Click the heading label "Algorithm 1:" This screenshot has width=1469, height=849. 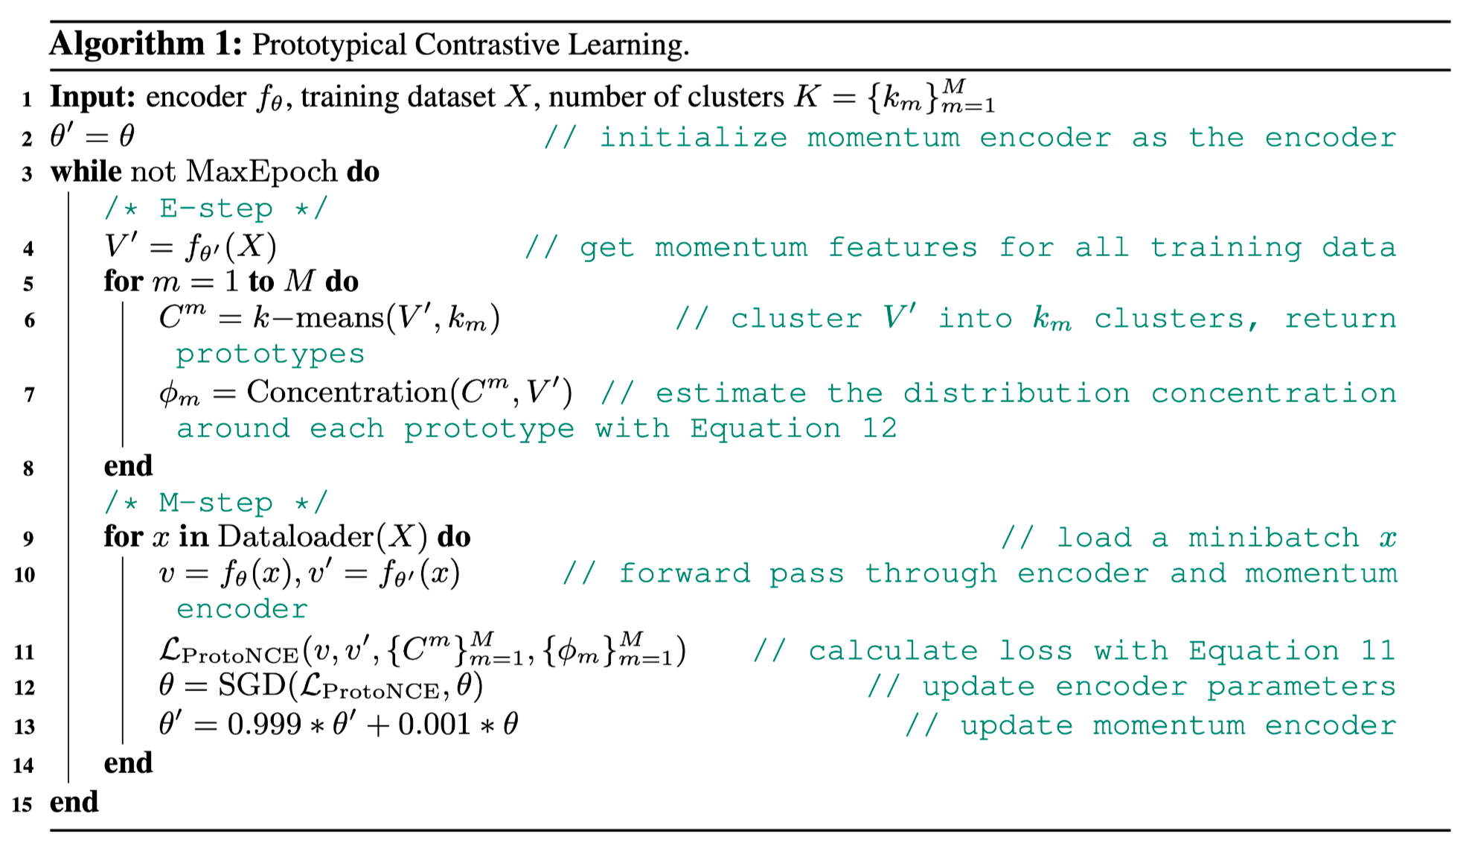pos(146,44)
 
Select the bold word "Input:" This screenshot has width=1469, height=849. pos(92,98)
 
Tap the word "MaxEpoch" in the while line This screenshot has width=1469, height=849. pos(261,172)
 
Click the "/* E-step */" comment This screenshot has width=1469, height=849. pos(216,209)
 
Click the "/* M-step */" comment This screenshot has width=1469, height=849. pos(216,503)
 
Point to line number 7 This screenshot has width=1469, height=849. pos(29,394)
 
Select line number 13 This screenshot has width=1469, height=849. pos(25,726)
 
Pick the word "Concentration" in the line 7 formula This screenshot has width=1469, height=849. pos(347,392)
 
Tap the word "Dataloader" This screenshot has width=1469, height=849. pos(295,537)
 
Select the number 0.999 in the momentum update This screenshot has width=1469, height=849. pos(264,725)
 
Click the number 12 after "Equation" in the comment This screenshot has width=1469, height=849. pos(880,428)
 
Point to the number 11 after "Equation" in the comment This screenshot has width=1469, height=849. pos(1377,651)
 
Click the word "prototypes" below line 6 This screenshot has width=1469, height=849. pos(270,354)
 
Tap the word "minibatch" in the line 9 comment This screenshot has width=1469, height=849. pos(1273,538)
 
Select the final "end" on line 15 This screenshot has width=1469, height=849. pos(74,802)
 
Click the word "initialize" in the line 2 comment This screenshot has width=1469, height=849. pos(694,138)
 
